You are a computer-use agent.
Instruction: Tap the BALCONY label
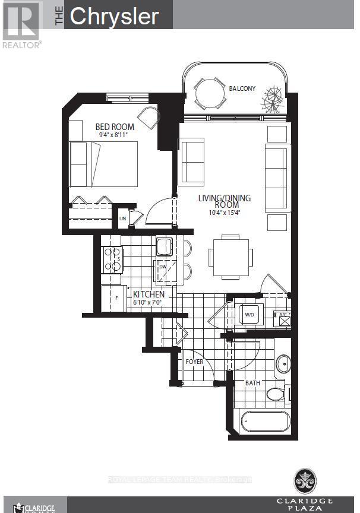pyautogui.click(x=242, y=88)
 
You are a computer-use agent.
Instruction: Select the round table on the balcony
pyautogui.click(x=207, y=93)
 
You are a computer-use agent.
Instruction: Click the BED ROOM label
pyautogui.click(x=115, y=126)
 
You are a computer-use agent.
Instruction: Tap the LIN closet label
pyautogui.click(x=123, y=218)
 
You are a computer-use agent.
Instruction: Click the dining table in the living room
pyautogui.click(x=230, y=257)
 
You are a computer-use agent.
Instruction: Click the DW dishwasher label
pyautogui.click(x=162, y=267)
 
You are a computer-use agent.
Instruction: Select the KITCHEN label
pyautogui.click(x=149, y=294)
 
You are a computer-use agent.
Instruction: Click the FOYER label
pyautogui.click(x=194, y=361)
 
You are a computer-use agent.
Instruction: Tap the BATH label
pyautogui.click(x=253, y=383)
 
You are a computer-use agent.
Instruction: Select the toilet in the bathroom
pyautogui.click(x=275, y=393)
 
